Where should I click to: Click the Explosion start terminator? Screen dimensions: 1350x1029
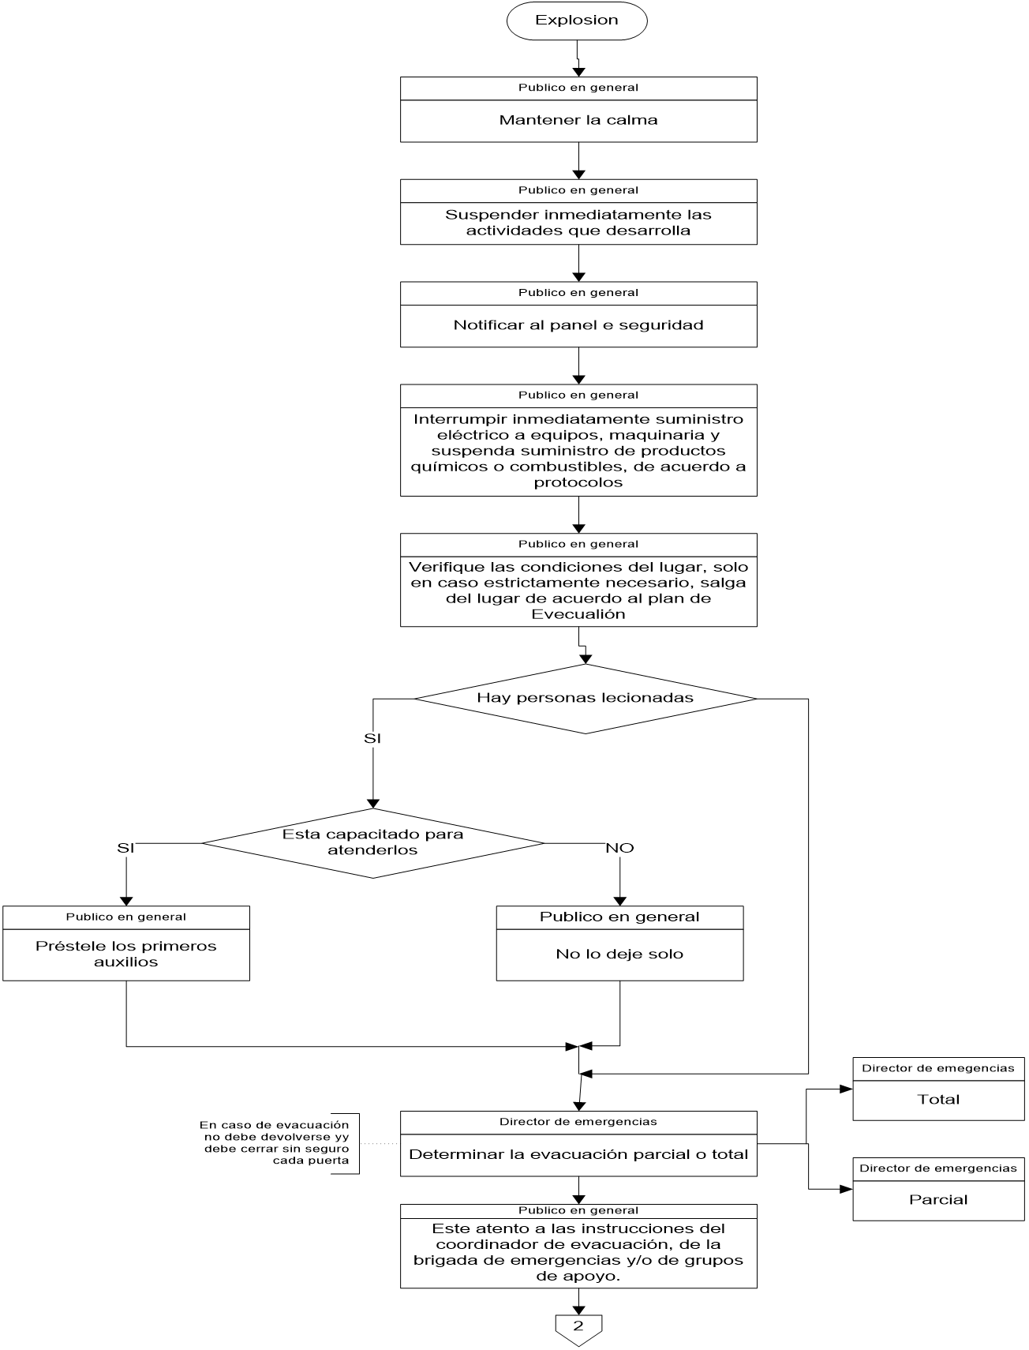click(577, 21)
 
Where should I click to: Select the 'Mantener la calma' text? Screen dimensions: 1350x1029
click(578, 121)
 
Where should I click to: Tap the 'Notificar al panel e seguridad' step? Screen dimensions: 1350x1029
click(578, 325)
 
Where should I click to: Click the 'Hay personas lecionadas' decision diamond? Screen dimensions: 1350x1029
click(585, 698)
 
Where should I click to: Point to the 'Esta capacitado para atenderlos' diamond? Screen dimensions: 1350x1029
click(372, 842)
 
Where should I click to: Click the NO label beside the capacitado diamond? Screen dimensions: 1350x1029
click(619, 849)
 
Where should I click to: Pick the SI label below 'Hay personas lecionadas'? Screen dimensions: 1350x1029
click(372, 739)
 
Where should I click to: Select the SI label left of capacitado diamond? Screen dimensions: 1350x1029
click(125, 849)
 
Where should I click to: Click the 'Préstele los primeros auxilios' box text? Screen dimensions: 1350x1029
click(126, 954)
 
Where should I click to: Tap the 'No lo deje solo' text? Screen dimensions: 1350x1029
click(619, 954)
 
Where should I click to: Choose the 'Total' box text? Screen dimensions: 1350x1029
click(938, 1100)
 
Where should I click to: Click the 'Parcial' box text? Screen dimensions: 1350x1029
click(938, 1200)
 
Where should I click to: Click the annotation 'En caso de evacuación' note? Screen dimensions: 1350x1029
click(275, 1142)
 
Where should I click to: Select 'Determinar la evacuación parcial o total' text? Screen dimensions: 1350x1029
click(578, 1154)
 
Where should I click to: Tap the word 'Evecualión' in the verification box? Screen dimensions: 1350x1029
click(578, 614)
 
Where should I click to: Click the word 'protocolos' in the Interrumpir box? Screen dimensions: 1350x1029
click(578, 482)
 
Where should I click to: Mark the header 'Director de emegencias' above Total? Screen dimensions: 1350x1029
click(938, 1068)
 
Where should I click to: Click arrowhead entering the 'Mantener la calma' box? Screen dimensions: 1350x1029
click(578, 72)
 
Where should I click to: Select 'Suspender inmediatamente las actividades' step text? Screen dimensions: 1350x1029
click(578, 223)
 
